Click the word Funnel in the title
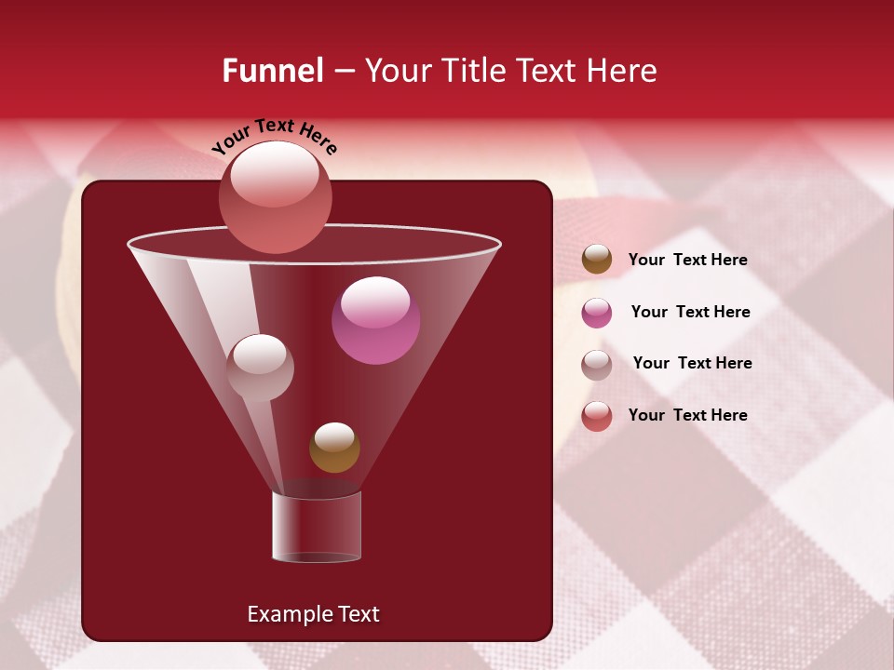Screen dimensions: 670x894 pos(272,71)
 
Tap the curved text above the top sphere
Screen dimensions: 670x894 pos(275,136)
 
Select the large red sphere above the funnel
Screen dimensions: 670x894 pos(275,196)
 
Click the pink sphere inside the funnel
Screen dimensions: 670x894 pos(376,321)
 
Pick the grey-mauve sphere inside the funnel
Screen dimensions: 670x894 pos(260,368)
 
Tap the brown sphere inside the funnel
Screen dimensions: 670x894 pos(334,448)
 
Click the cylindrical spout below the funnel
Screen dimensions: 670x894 pos(317,527)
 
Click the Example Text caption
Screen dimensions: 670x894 pos(314,614)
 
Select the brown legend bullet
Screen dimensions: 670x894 pos(597,260)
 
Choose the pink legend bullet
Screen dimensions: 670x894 pos(597,313)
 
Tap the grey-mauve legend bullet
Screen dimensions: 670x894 pos(597,364)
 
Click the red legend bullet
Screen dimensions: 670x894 pos(597,416)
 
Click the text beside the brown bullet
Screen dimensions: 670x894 pos(688,261)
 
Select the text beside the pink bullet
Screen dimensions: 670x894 pos(690,313)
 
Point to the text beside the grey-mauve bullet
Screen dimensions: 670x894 pos(692,364)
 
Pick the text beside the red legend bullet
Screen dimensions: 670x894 pos(688,416)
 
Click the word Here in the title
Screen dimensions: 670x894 pos(624,71)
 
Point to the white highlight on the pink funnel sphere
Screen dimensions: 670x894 pos(375,301)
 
